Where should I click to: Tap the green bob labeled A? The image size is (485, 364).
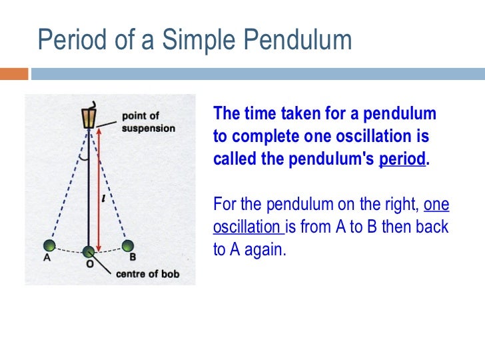coord(47,246)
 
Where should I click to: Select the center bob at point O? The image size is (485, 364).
coord(89,252)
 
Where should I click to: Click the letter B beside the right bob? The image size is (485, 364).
coord(133,257)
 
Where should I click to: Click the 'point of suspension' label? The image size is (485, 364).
coord(148,122)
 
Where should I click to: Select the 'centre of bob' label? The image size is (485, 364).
coord(148,273)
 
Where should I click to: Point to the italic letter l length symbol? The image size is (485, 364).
coord(103,197)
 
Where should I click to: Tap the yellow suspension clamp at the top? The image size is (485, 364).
coord(87,118)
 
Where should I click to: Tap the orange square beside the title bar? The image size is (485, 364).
coord(14,73)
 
